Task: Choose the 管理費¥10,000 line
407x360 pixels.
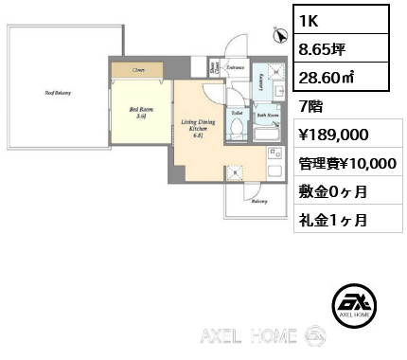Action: tap(347, 163)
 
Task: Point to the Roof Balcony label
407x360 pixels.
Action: tap(60, 93)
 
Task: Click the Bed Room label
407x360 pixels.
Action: tap(138, 113)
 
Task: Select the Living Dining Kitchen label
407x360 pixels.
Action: tap(194, 127)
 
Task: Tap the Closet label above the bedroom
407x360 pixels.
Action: tap(138, 69)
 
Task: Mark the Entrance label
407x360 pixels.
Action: tap(236, 67)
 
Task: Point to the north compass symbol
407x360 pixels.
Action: tap(278, 36)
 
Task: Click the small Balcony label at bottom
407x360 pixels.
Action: tap(257, 201)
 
